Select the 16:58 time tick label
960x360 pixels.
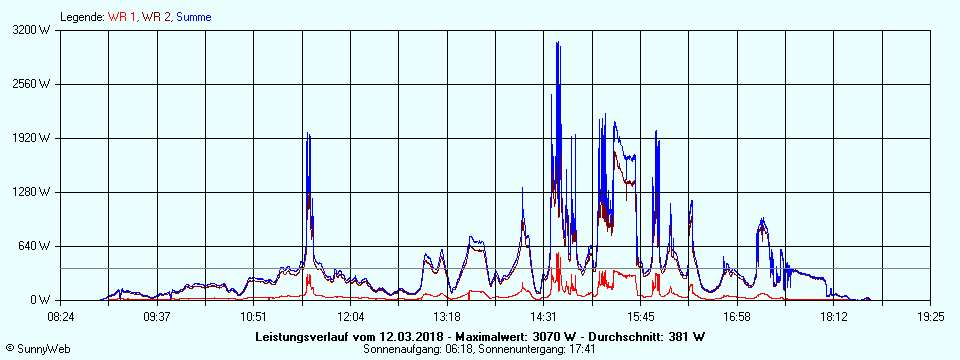click(x=737, y=317)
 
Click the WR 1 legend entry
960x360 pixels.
click(x=121, y=17)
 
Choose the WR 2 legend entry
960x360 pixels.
click(x=156, y=17)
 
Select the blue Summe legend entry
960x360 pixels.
click(x=193, y=17)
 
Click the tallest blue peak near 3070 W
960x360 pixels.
click(x=557, y=42)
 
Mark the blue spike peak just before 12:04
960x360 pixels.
click(x=308, y=134)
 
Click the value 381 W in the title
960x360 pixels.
click(x=686, y=336)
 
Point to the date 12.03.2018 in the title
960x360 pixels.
click(x=412, y=336)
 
